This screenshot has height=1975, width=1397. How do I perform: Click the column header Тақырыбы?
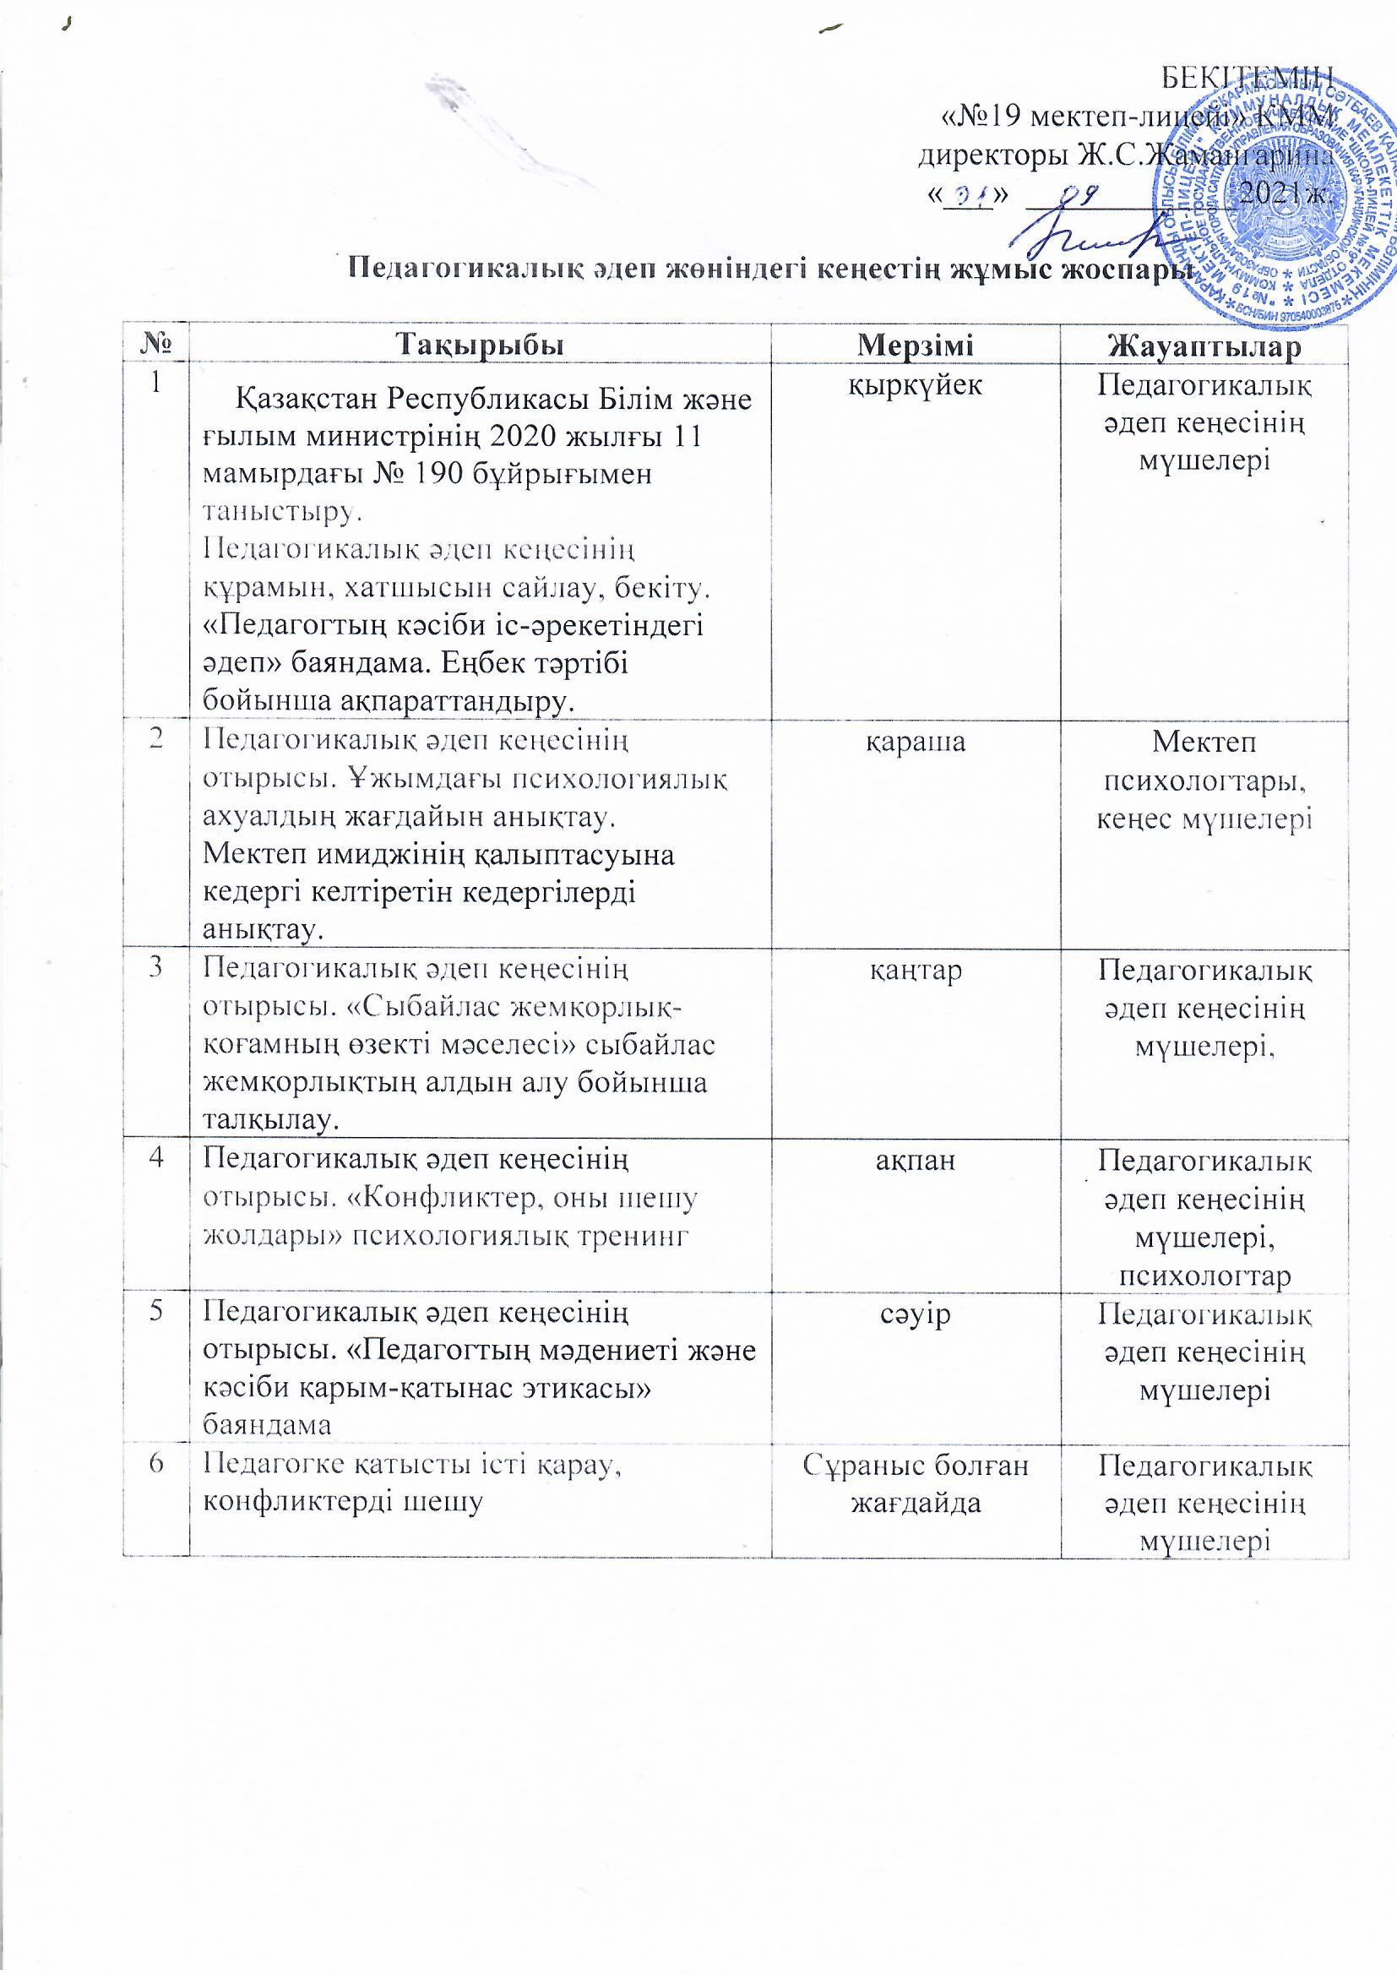[x=480, y=345]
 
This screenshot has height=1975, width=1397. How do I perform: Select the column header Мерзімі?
[x=916, y=345]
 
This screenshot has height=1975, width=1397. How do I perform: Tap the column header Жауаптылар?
[x=1204, y=347]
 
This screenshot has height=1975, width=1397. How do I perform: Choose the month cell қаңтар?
[x=916, y=971]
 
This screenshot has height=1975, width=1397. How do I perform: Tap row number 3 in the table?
[x=155, y=969]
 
